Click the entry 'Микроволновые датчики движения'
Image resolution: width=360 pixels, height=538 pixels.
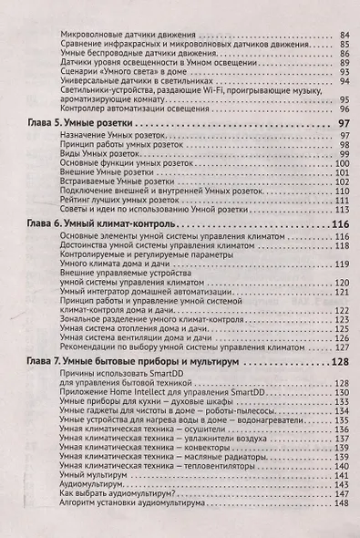pos(127,36)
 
